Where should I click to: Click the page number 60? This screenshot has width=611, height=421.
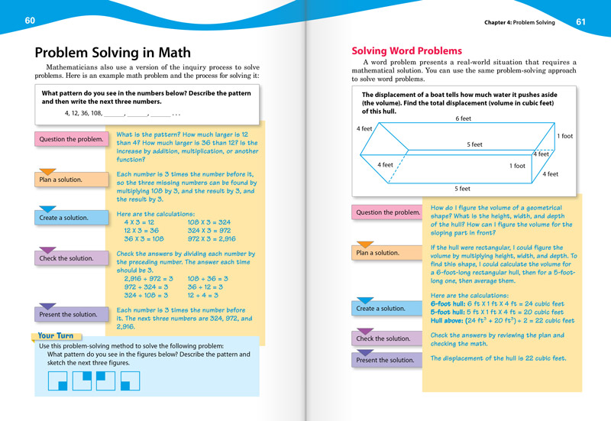(30, 20)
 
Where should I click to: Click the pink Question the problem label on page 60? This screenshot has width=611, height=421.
(68, 139)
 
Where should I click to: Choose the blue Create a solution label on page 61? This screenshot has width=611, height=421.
(380, 309)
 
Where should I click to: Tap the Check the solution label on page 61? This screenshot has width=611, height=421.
(383, 338)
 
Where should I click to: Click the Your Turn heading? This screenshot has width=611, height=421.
(56, 335)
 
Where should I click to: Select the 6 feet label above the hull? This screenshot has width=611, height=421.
(463, 118)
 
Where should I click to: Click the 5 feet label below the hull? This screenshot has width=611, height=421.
(463, 189)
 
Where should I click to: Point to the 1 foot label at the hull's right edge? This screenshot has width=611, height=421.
(565, 136)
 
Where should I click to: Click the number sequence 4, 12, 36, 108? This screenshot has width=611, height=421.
(83, 113)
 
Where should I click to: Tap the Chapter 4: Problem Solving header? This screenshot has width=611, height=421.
(519, 23)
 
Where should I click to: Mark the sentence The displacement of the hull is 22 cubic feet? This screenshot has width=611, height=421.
(498, 358)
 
